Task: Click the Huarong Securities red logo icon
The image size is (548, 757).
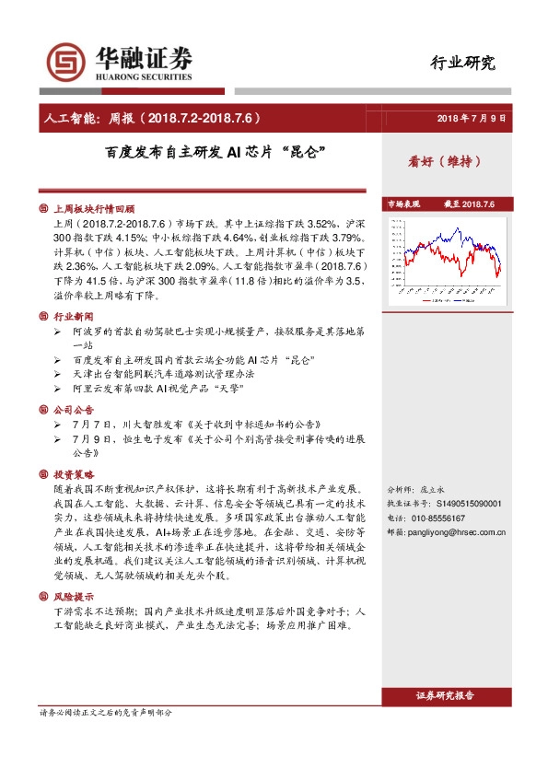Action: point(65,62)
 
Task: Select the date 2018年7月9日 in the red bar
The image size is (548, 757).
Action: point(471,119)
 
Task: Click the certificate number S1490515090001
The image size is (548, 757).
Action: point(461,505)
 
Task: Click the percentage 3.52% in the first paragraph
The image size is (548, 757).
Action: point(314,223)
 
